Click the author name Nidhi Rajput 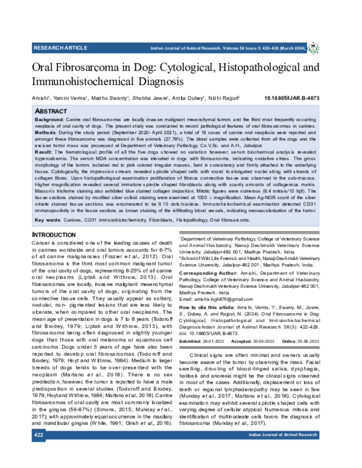tap(224, 96)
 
